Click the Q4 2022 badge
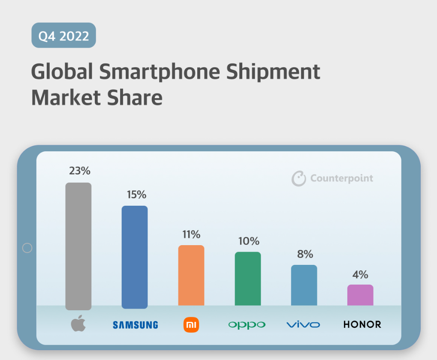(x=63, y=35)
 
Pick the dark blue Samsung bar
(x=135, y=257)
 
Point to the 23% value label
(x=80, y=171)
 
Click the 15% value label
(x=136, y=195)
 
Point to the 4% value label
(x=360, y=274)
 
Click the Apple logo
(x=78, y=324)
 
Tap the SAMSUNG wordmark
(x=136, y=325)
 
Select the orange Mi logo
(x=191, y=325)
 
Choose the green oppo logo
(x=247, y=325)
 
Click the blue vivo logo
(x=303, y=324)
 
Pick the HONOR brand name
(x=362, y=324)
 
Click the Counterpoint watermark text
(x=341, y=178)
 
